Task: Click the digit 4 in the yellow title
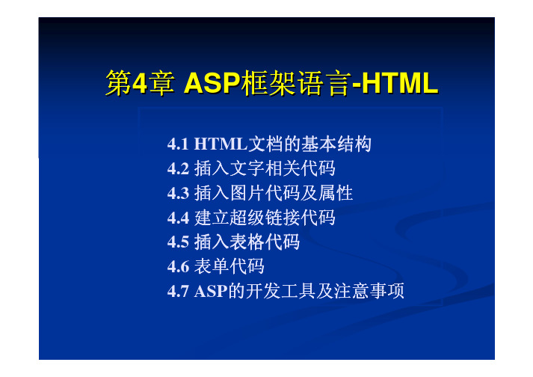click(x=140, y=83)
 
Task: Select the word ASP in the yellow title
click(x=212, y=83)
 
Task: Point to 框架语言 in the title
click(x=295, y=83)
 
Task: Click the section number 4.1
click(x=178, y=144)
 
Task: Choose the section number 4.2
click(x=178, y=169)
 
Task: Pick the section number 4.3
click(x=178, y=193)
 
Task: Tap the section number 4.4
click(x=178, y=218)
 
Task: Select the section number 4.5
click(x=178, y=242)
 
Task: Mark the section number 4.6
click(x=178, y=267)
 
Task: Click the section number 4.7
click(x=178, y=291)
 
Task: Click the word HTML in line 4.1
click(x=221, y=144)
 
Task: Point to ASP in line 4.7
click(x=211, y=291)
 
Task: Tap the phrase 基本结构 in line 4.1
click(x=336, y=144)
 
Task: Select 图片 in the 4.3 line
click(x=247, y=193)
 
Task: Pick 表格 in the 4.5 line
click(x=247, y=242)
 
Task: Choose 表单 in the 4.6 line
click(x=212, y=266)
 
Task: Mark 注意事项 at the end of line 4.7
click(x=369, y=291)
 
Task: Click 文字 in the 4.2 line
click(x=247, y=168)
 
